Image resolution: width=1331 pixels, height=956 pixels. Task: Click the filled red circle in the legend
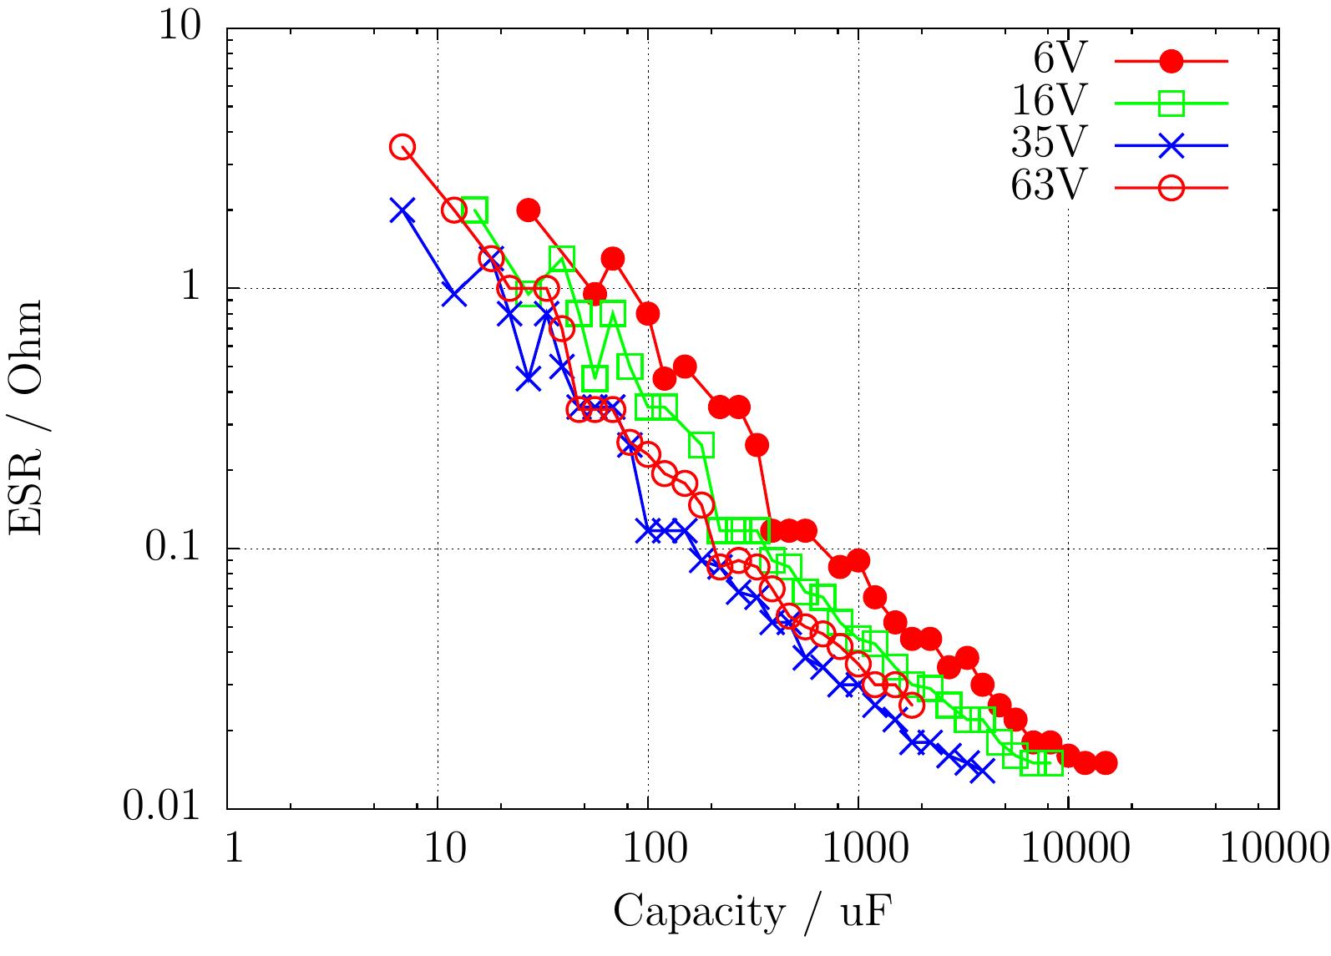point(1172,61)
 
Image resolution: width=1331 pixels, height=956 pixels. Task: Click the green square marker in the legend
point(1172,104)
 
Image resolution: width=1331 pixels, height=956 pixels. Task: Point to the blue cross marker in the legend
point(1172,145)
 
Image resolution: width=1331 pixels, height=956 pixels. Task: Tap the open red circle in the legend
point(1172,188)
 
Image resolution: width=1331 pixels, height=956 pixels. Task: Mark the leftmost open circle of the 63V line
point(403,147)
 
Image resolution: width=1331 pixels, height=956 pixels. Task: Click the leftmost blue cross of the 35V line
point(402,211)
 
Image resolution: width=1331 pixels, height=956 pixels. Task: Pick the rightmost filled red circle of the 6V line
point(1105,762)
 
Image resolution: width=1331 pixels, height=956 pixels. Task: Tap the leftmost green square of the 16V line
point(474,210)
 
